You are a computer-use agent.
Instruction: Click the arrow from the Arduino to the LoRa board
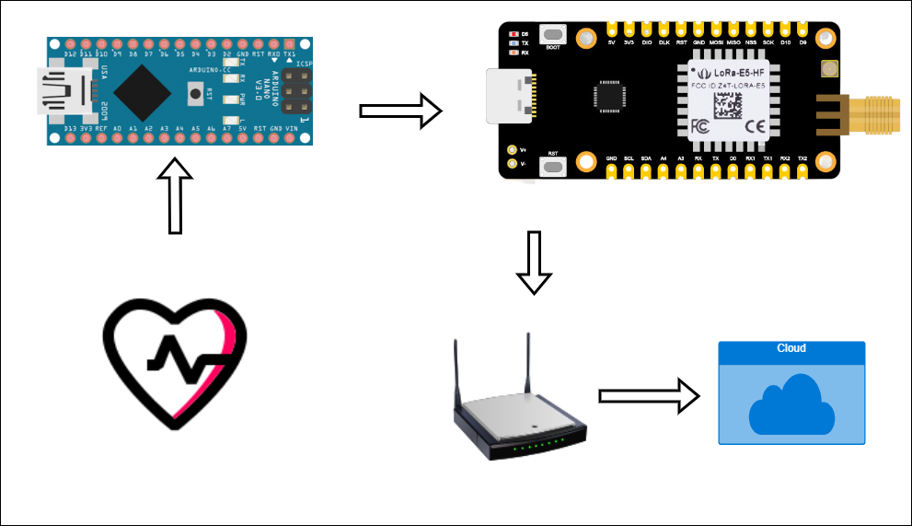401,111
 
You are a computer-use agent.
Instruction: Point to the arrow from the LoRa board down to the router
533,262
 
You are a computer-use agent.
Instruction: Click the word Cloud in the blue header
791,348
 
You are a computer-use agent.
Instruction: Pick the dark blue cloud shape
791,405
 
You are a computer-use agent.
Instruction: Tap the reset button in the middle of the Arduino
195,92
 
